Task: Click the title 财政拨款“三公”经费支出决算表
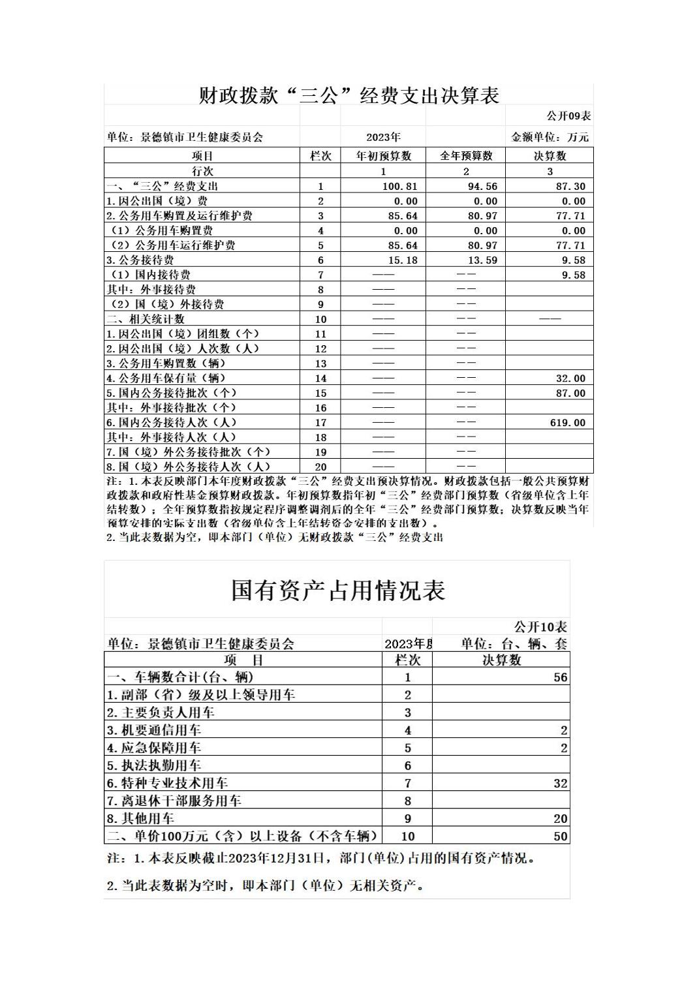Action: click(x=349, y=95)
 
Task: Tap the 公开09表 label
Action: click(x=568, y=116)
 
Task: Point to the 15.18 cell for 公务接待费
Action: click(x=403, y=260)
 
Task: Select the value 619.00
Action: click(x=567, y=423)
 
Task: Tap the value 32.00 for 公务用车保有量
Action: click(x=570, y=378)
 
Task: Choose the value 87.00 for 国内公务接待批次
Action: click(x=570, y=393)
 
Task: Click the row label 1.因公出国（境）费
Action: click(x=157, y=201)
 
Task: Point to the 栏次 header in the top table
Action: click(x=320, y=156)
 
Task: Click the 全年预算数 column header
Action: click(x=466, y=156)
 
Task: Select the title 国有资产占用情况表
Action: click(x=338, y=591)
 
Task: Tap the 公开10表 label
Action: click(x=540, y=627)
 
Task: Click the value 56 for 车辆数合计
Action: click(x=560, y=677)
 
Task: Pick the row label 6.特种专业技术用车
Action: click(x=167, y=783)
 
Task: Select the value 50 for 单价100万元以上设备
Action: click(x=560, y=837)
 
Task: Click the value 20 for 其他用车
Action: click(x=560, y=819)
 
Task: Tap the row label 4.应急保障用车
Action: click(x=153, y=748)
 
